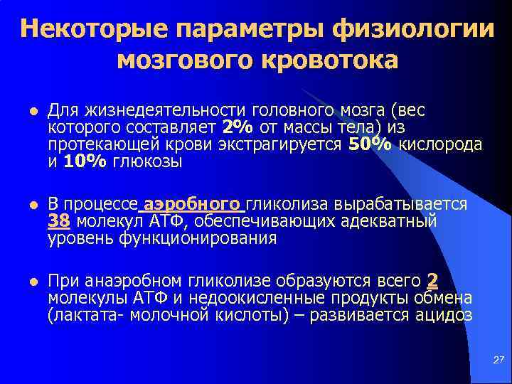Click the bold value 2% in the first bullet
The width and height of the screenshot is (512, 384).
tap(237, 127)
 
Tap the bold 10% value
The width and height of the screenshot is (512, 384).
tap(85, 161)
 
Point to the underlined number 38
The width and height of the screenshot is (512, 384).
tap(58, 222)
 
